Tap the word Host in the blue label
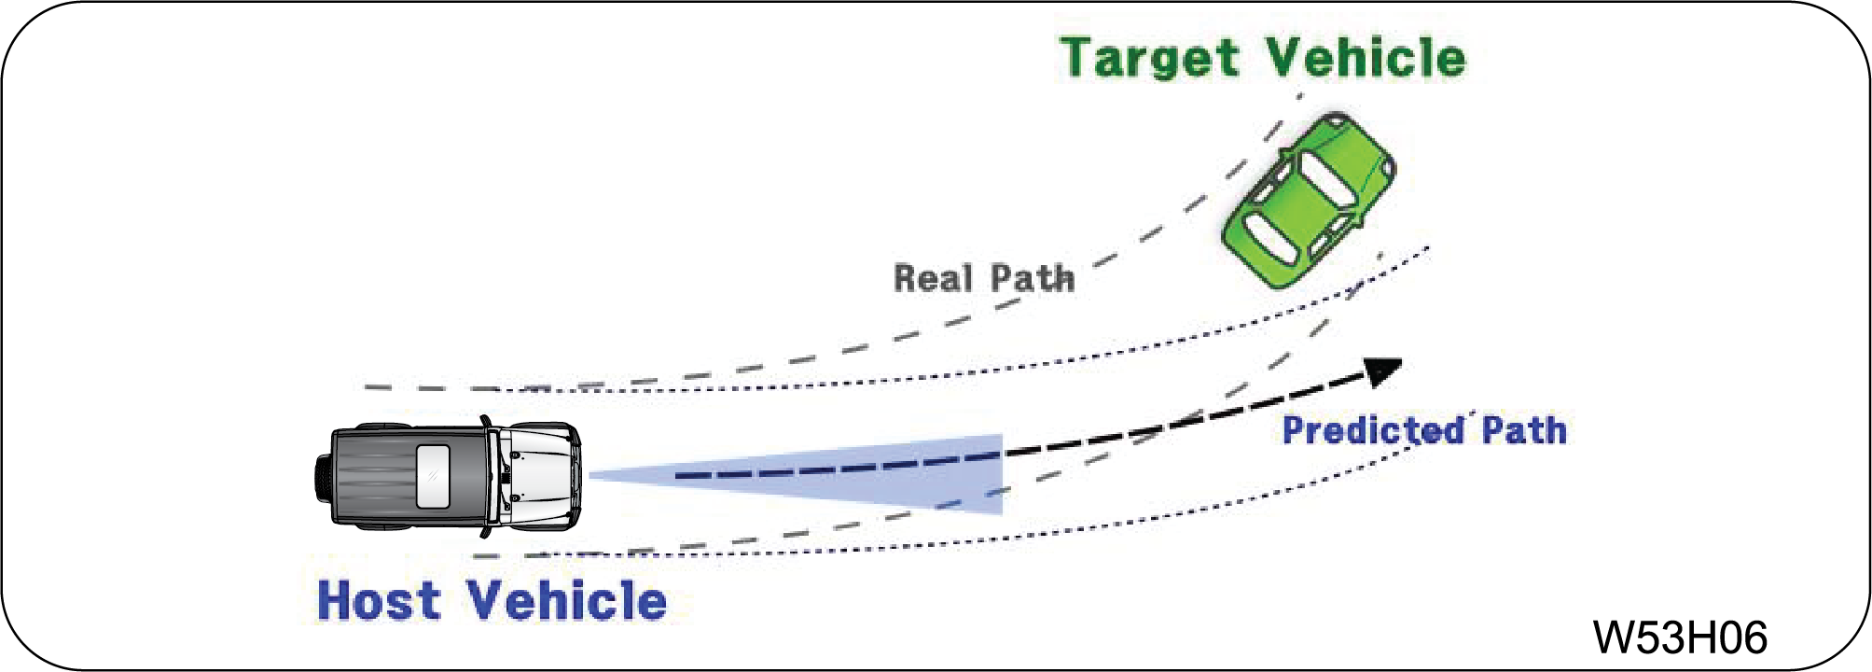click(x=378, y=600)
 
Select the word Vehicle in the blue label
click(x=566, y=600)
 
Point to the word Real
click(x=933, y=278)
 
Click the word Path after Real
click(x=1033, y=278)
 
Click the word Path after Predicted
click(x=1524, y=430)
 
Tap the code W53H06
click(x=1679, y=637)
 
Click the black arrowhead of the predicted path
click(x=1382, y=371)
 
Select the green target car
click(x=1310, y=200)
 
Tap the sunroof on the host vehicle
click(x=433, y=476)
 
